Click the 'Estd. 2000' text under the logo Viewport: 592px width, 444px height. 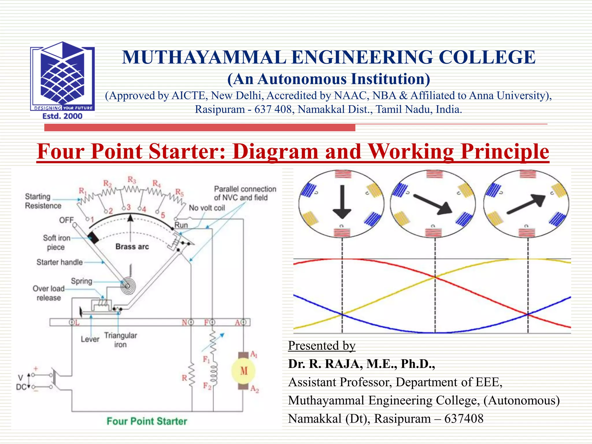tap(62, 116)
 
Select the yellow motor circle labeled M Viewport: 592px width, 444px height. tap(244, 371)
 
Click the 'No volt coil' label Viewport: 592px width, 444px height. tap(207, 208)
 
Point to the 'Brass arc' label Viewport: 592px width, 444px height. tap(132, 247)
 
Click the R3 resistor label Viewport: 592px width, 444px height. tap(132, 180)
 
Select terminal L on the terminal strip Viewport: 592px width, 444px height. tap(72, 322)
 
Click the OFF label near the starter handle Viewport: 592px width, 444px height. tap(66, 220)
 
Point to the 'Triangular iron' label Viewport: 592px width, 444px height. tap(121, 340)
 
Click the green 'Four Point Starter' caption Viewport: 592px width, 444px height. tap(147, 421)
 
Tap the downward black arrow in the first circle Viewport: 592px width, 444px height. tap(342, 202)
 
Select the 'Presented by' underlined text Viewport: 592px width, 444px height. tap(321, 346)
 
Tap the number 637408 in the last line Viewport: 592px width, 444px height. tap(464, 419)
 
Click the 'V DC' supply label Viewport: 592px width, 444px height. tap(21, 382)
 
